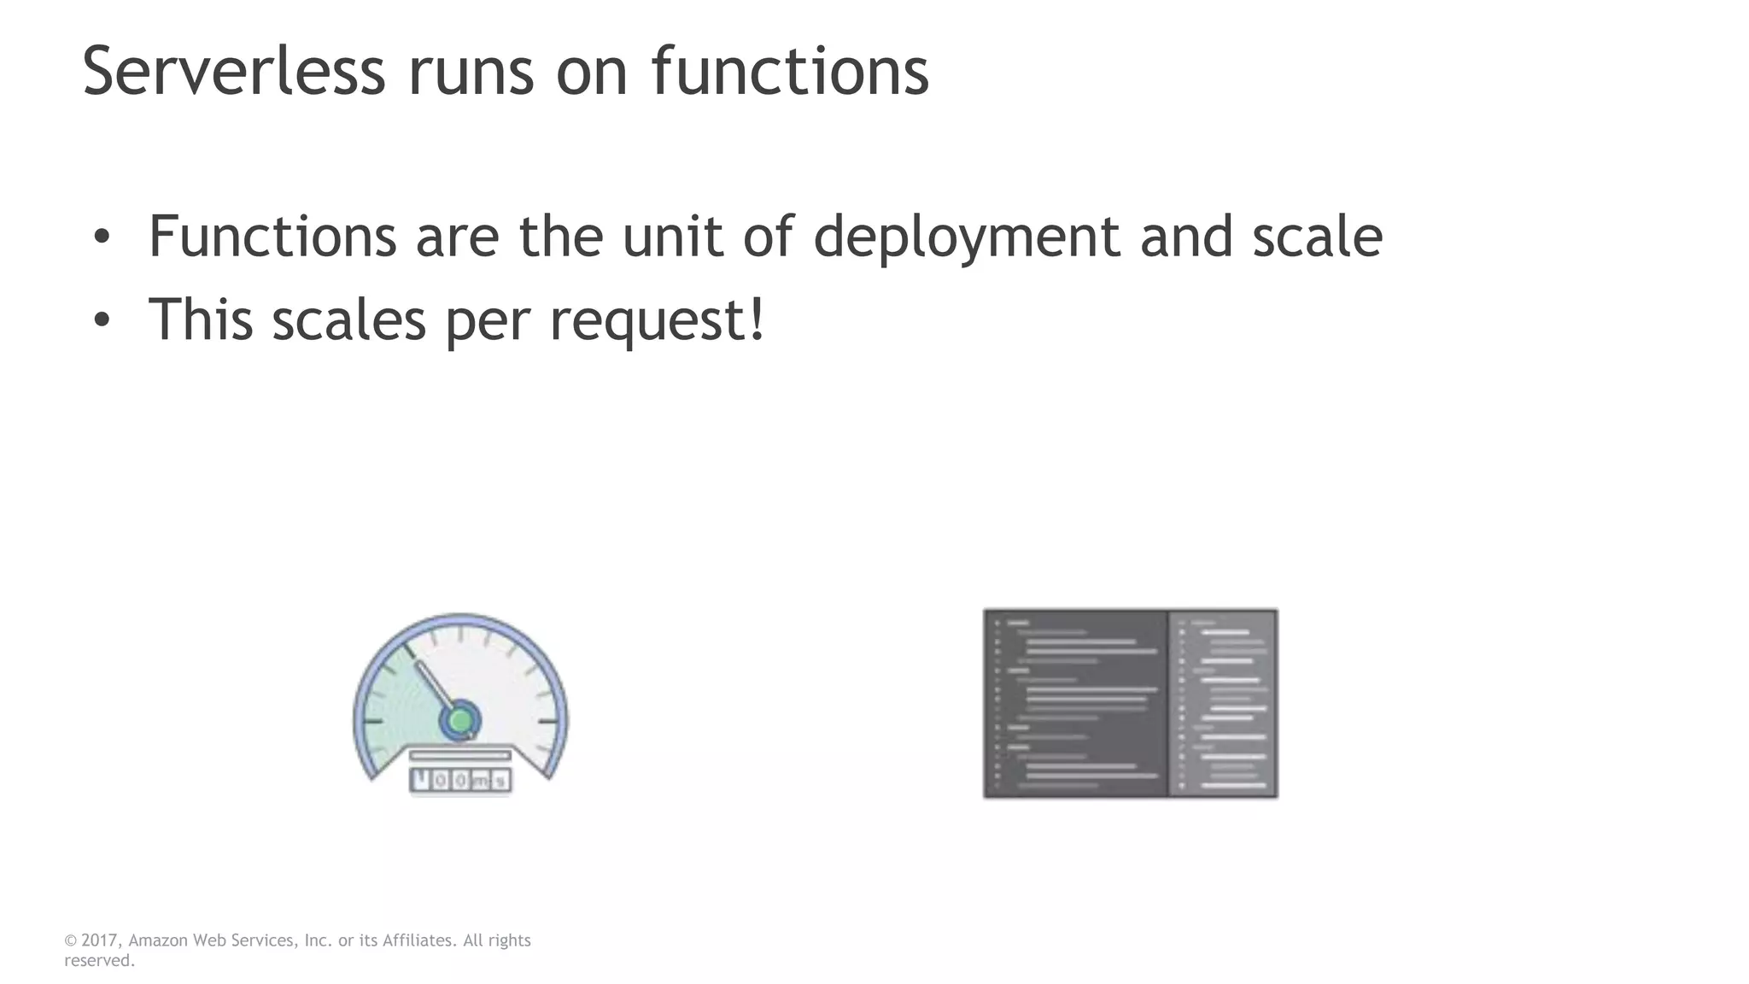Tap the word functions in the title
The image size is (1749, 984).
(x=790, y=71)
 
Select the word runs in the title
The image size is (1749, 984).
(x=471, y=71)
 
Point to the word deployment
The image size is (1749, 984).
(x=966, y=237)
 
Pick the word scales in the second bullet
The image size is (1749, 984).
(x=348, y=319)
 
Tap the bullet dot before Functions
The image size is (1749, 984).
(x=102, y=237)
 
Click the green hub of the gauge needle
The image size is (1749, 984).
(x=460, y=721)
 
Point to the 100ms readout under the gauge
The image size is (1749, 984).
(x=460, y=780)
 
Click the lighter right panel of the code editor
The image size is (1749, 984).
(x=1223, y=704)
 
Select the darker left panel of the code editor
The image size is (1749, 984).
(x=1076, y=704)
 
